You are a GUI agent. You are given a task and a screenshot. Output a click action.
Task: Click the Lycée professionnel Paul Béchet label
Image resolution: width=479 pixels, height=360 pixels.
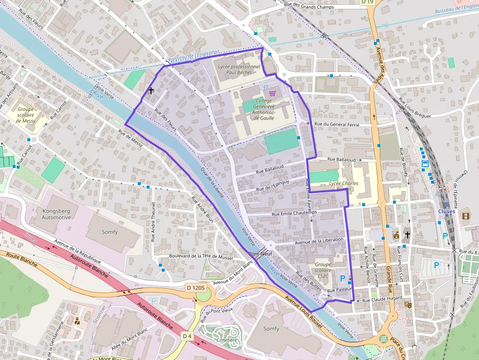[239, 69]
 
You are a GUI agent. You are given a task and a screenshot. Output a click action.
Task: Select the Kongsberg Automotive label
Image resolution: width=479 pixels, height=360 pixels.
[56, 214]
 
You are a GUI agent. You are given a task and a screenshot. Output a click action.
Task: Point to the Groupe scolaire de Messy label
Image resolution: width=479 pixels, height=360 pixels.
[25, 115]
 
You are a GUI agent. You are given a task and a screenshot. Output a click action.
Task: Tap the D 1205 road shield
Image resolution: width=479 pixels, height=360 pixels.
[195, 288]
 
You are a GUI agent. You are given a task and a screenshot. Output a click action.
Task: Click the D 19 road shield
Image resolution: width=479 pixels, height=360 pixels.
[367, 2]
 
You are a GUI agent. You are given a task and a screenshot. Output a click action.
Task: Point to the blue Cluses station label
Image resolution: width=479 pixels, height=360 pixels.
[446, 212]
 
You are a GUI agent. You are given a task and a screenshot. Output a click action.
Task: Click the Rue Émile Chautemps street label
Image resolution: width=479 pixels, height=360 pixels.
[294, 213]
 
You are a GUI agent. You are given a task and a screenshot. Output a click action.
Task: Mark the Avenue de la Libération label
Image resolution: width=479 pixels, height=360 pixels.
[320, 240]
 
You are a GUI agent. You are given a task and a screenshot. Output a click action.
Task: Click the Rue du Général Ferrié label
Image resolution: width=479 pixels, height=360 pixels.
[336, 125]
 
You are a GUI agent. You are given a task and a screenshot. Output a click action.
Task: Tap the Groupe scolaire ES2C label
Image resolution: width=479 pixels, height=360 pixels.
[323, 270]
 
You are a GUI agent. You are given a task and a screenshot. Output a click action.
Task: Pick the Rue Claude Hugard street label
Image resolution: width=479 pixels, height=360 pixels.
[382, 298]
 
